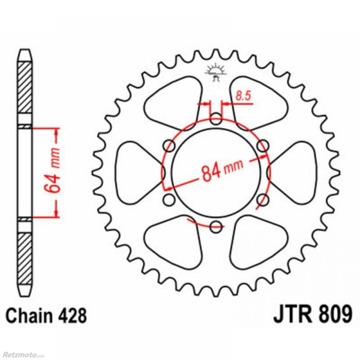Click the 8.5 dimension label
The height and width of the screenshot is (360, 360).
click(x=243, y=96)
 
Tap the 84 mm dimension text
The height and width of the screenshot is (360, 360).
click(x=221, y=170)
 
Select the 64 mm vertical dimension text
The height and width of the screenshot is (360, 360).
click(x=53, y=170)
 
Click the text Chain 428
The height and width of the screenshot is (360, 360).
click(x=46, y=315)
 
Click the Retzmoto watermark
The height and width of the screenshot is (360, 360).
click(x=22, y=355)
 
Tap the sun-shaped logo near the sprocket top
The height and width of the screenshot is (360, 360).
click(x=216, y=72)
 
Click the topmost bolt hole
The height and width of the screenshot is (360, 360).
click(x=216, y=119)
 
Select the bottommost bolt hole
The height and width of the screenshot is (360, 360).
click(x=216, y=226)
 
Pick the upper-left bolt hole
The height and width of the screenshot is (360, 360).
click(x=170, y=146)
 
